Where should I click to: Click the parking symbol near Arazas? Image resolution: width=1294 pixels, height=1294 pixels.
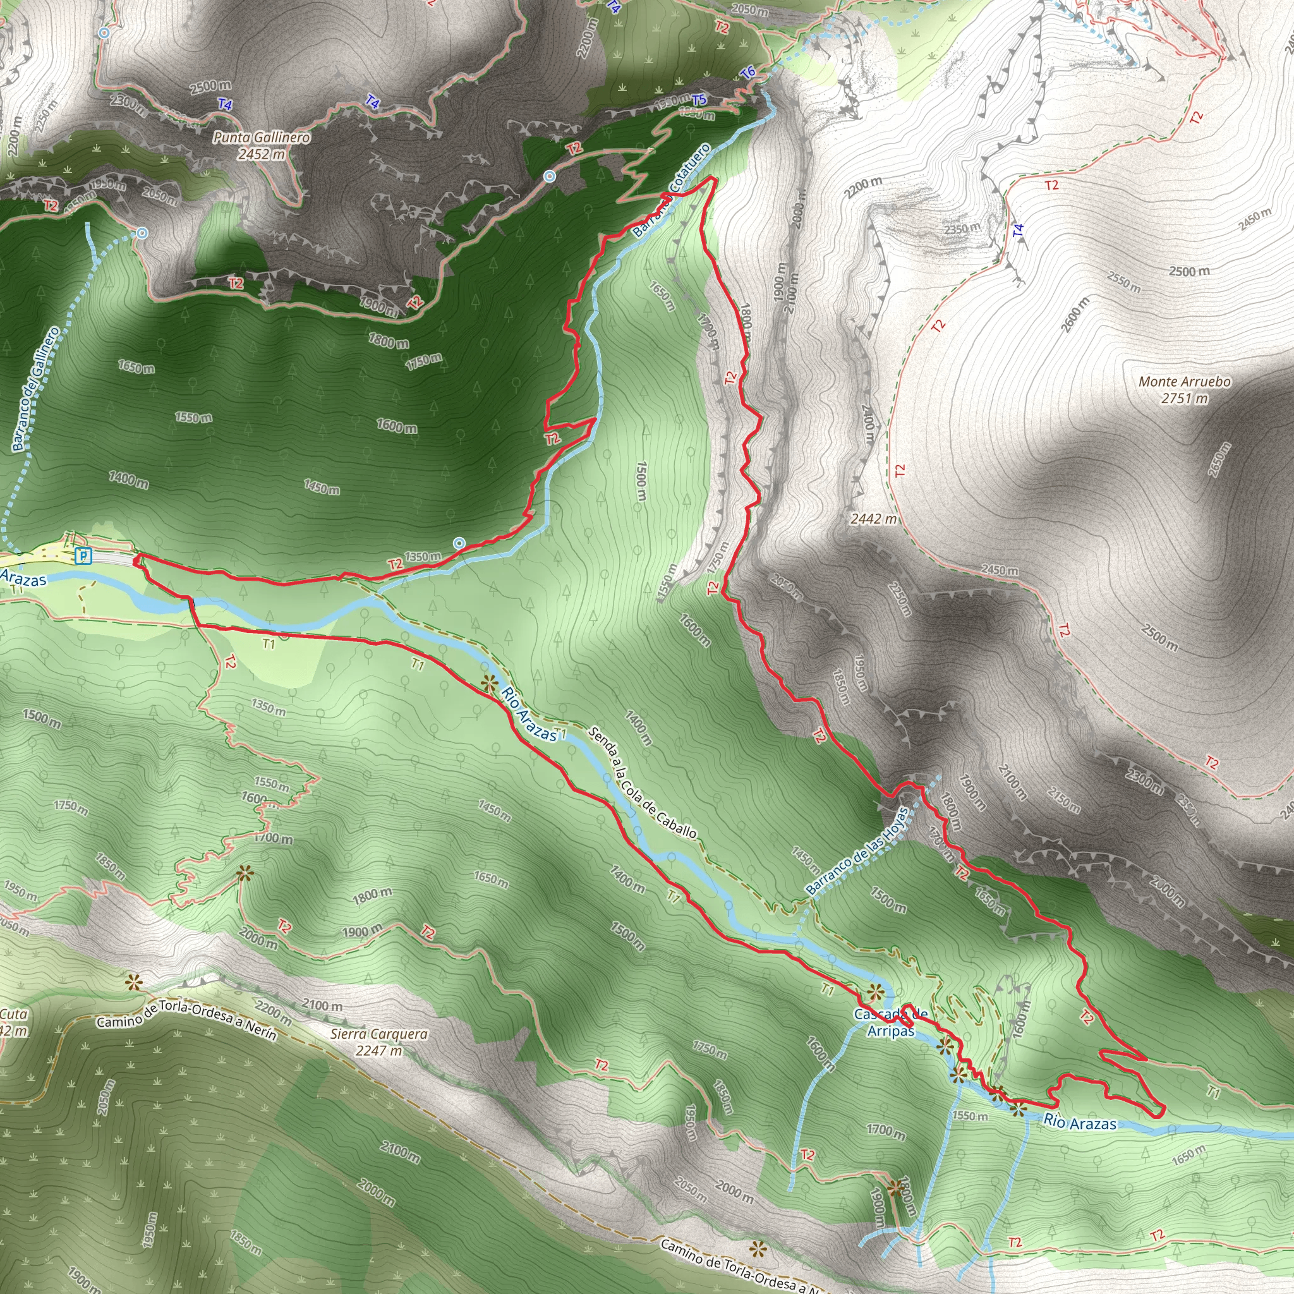click(82, 555)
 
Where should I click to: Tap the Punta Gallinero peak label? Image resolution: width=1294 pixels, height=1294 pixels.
click(262, 145)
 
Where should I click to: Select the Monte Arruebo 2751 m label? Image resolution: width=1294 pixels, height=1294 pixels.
click(1184, 389)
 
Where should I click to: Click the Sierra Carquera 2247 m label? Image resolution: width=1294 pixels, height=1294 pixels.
click(379, 1041)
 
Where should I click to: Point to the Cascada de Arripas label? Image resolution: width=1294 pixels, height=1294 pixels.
click(891, 1023)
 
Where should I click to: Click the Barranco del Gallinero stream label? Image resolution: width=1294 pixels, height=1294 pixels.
click(35, 389)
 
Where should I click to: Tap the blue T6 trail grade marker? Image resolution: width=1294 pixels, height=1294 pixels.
click(748, 71)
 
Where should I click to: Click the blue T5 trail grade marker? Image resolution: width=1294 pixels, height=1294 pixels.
click(699, 100)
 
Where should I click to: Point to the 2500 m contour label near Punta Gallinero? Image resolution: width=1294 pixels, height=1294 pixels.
click(210, 86)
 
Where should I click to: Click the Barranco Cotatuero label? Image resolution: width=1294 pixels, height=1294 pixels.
click(671, 190)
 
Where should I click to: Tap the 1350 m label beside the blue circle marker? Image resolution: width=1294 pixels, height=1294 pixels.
click(423, 556)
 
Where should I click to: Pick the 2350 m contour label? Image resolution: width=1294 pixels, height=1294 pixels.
click(962, 227)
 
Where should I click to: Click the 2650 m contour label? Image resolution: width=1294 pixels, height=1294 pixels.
click(1219, 459)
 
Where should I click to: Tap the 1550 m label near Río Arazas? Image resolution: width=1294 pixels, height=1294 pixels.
click(969, 1116)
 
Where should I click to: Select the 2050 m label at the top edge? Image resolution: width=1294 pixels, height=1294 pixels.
click(749, 9)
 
